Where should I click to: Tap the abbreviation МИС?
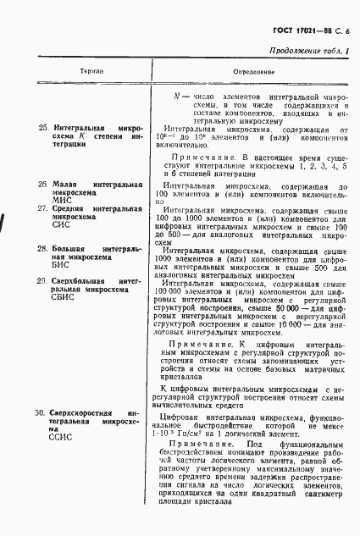[62, 200]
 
